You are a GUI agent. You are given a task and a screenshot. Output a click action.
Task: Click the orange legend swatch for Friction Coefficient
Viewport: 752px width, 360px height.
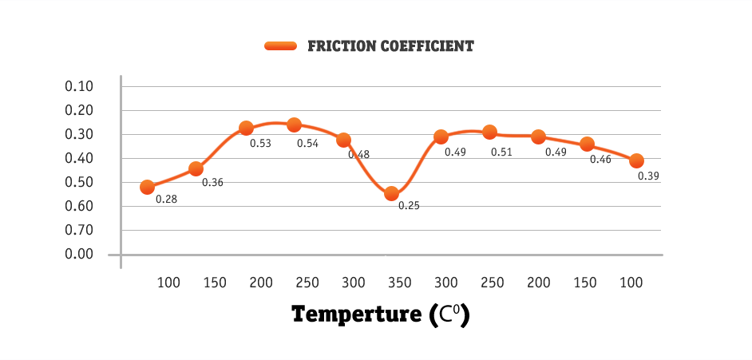point(280,46)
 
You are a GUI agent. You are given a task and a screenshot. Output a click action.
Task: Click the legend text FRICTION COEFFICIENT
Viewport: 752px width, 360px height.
point(390,46)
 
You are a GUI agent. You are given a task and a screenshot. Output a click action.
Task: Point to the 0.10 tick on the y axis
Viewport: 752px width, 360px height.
point(79,86)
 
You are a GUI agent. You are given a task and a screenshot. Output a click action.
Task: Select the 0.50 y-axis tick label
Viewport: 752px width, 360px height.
point(79,182)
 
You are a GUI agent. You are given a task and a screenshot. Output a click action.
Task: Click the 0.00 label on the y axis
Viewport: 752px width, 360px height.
point(79,254)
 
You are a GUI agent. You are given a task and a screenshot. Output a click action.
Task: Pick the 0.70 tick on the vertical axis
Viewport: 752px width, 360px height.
point(79,230)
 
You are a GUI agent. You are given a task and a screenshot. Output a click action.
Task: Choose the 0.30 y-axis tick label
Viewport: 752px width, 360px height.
point(79,134)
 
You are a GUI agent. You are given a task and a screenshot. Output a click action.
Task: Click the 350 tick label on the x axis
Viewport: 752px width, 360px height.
point(399,283)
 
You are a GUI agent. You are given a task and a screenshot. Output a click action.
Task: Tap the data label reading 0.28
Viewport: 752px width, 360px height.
point(166,199)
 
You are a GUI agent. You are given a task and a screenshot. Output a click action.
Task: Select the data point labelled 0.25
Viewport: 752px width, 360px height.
point(391,193)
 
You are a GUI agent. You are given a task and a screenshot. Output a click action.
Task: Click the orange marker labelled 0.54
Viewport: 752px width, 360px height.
point(294,125)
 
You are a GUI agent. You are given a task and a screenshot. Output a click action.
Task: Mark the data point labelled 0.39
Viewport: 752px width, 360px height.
point(636,160)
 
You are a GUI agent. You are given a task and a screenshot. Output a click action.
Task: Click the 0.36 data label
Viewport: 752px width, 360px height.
point(212,183)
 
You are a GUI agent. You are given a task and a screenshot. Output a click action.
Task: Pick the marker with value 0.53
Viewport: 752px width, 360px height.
point(246,128)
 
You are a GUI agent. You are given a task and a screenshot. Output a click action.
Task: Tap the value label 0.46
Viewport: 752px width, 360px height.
point(600,160)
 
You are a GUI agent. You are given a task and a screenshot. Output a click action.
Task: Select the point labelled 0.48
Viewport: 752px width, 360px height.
point(344,140)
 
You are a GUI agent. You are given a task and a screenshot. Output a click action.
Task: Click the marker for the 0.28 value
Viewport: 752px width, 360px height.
point(147,187)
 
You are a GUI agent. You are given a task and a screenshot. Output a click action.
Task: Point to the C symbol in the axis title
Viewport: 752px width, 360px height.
point(444,315)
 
